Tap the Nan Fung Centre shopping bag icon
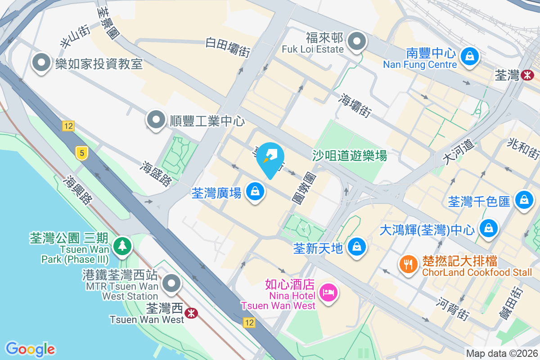469,56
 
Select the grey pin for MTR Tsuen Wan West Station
171,283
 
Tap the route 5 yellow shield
81,153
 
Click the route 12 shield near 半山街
68,126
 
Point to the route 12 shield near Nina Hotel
249,322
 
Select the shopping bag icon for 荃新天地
356,246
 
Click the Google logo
30,349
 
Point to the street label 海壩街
355,106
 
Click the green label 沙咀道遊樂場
350,156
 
